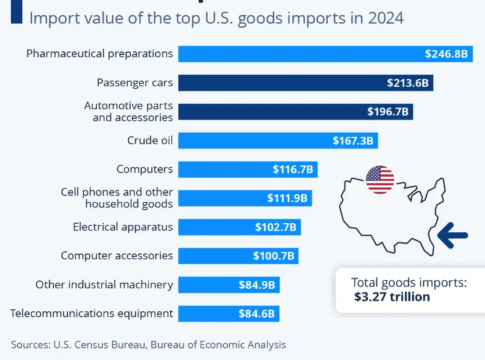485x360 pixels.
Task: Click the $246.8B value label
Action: (446, 54)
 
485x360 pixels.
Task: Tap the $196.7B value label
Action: (388, 112)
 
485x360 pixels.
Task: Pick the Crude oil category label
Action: (150, 141)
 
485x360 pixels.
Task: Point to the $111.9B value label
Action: (287, 198)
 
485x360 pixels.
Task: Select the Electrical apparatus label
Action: (123, 227)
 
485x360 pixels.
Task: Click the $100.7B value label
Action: (274, 256)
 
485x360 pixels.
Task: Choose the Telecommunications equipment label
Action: (92, 314)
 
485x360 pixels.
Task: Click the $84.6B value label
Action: (255, 314)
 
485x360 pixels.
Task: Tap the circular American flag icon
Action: (380, 179)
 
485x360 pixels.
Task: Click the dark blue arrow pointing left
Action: (453, 235)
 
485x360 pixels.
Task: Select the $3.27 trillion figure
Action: (392, 297)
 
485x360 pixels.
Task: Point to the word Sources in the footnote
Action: (28, 345)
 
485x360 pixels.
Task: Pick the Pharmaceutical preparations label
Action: (99, 54)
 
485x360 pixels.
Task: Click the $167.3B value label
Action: (353, 141)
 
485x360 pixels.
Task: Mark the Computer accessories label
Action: (117, 256)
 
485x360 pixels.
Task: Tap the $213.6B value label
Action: (408, 83)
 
